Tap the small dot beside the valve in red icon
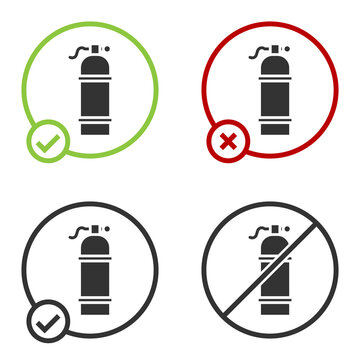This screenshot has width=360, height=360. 282,47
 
